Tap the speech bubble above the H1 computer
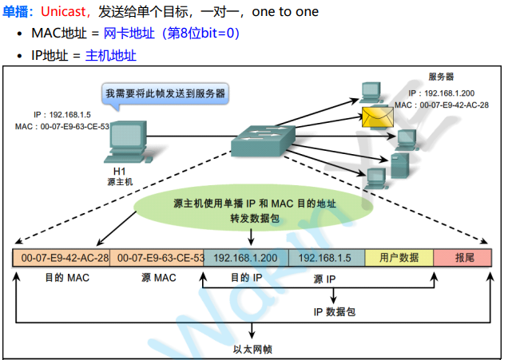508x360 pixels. [166, 93]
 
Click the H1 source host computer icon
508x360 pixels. [121, 144]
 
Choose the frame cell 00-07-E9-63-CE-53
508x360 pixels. [157, 259]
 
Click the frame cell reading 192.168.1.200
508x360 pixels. [245, 259]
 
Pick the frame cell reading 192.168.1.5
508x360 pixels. [326, 259]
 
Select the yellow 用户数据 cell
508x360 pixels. [399, 259]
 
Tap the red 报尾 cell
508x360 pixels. [464, 259]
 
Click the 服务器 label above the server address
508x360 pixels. [441, 77]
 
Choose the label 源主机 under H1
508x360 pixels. [119, 182]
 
